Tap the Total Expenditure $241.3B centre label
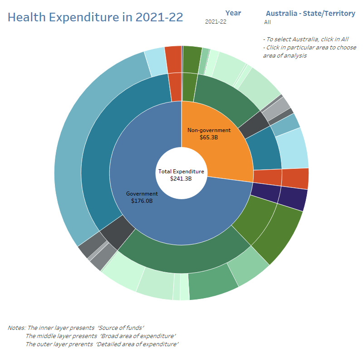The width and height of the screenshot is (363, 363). [181, 175]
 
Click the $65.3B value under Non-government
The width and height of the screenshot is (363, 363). [209, 137]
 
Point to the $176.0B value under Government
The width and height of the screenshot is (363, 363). [142, 201]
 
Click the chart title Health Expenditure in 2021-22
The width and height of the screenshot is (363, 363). [96, 17]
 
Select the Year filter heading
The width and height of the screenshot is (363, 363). [233, 13]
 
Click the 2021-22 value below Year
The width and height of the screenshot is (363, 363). [216, 22]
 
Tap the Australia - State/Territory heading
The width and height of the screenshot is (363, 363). [310, 13]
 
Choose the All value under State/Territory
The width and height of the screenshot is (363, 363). [267, 22]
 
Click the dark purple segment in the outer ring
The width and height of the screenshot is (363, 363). [293, 200]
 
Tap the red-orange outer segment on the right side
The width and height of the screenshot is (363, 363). [295, 178]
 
